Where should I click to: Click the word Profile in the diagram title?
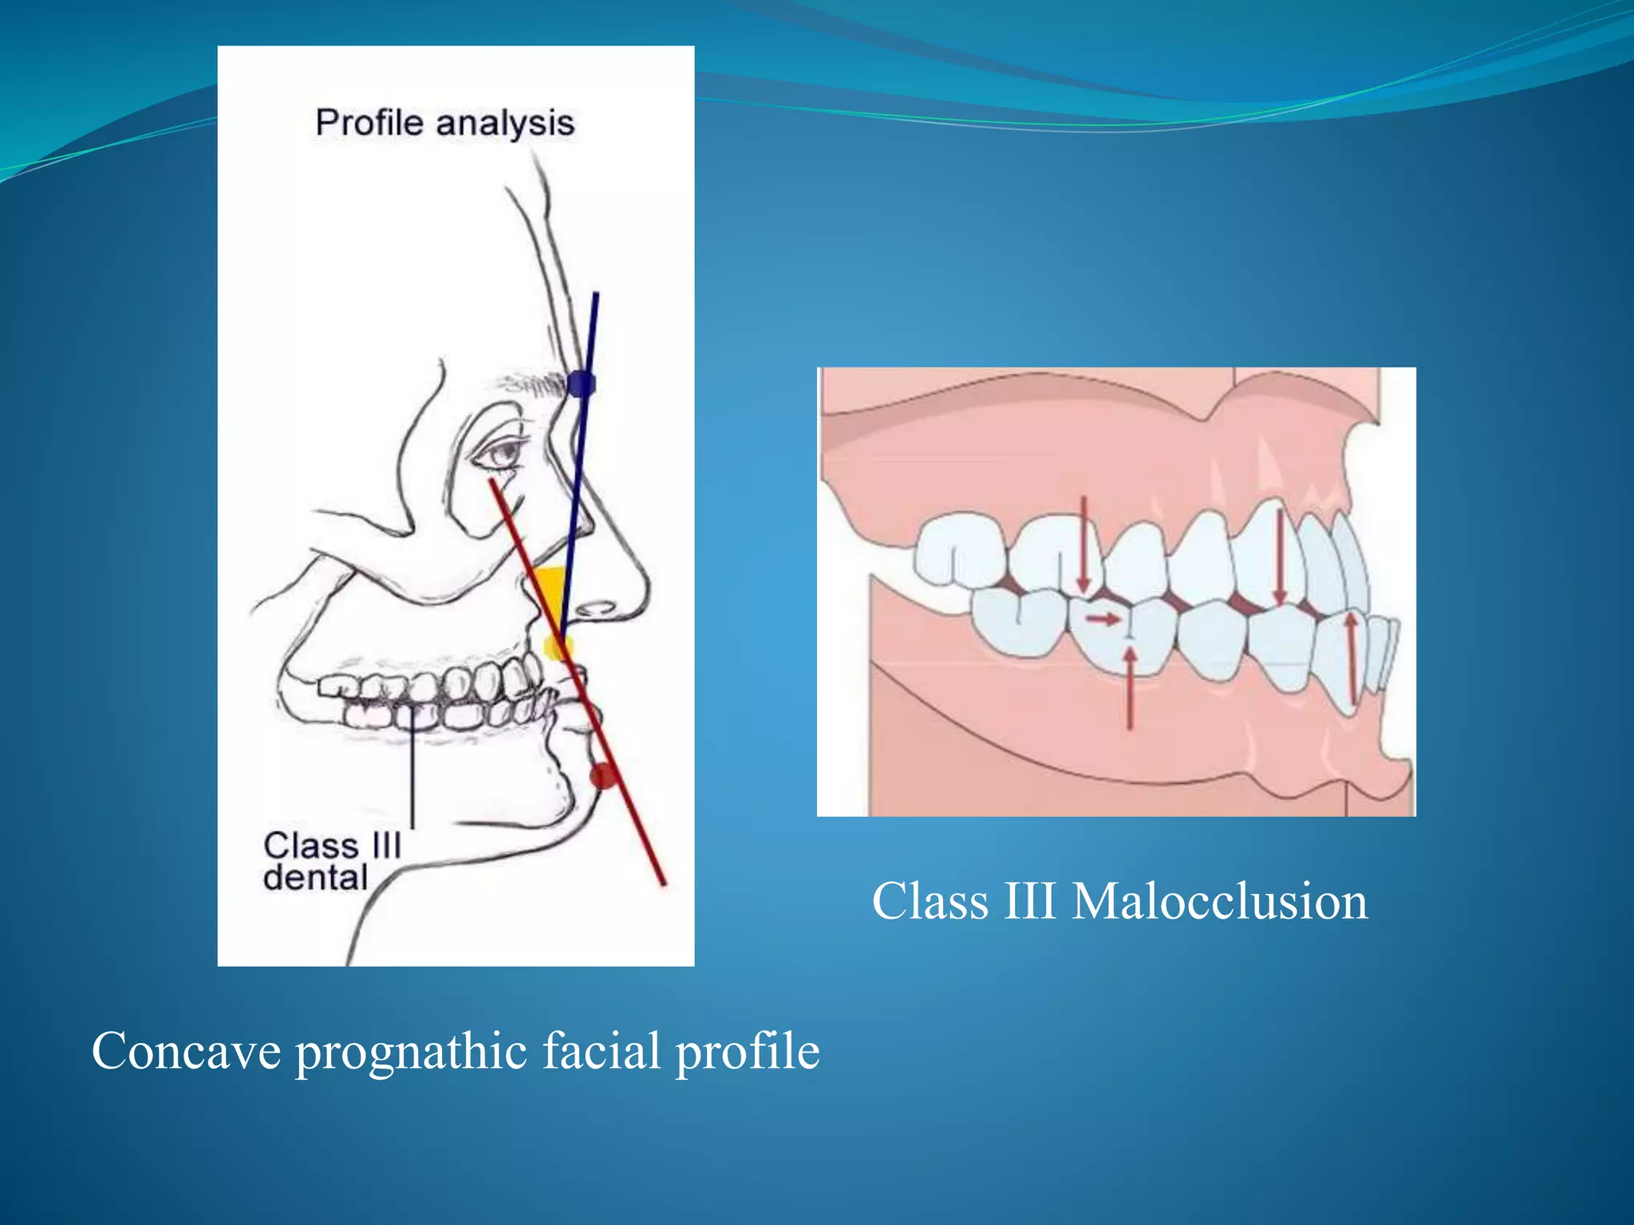369,124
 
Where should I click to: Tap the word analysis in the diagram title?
505,124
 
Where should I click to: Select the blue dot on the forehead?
581,384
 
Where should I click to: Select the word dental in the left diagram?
315,877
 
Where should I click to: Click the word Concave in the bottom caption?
186,1050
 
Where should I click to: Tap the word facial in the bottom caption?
602,1050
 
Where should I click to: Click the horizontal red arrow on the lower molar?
1103,619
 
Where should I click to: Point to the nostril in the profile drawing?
594,610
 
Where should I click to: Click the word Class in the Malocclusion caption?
930,901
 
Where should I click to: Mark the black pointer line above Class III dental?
412,766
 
